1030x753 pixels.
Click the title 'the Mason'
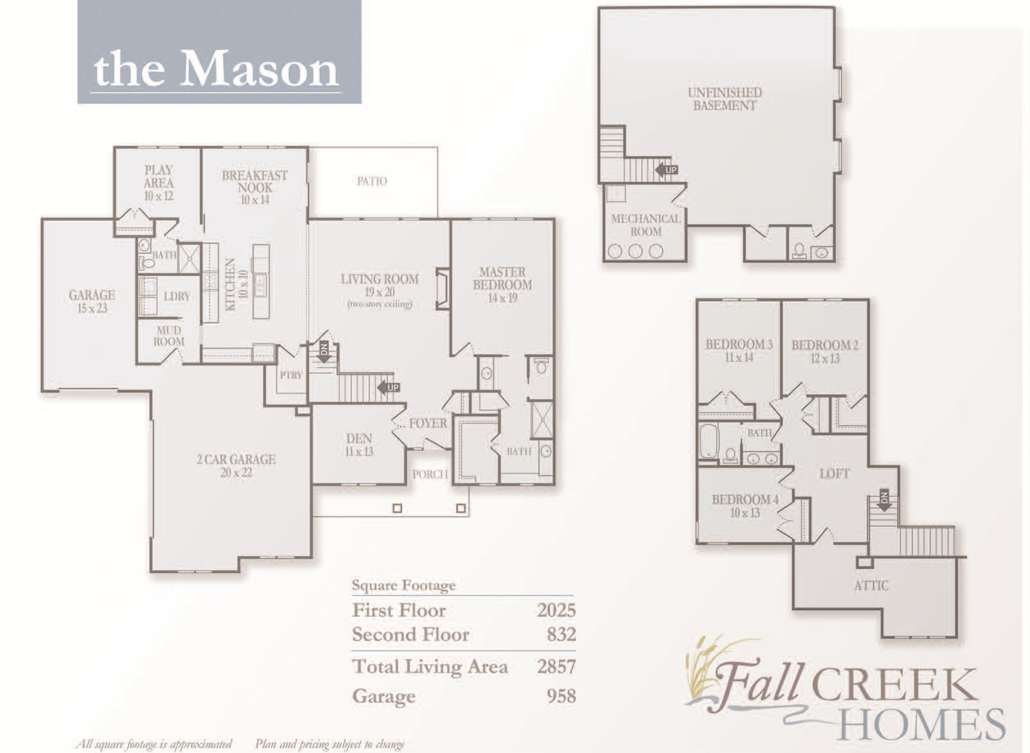(217, 69)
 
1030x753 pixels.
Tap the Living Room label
(379, 279)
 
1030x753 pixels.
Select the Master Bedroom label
(502, 279)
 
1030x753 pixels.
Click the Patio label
(371, 181)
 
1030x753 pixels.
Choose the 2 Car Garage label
(236, 460)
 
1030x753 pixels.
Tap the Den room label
(358, 439)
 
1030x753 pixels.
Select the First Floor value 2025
(556, 610)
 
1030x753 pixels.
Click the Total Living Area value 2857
(556, 666)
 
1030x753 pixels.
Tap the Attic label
(871, 586)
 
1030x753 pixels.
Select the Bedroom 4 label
(745, 500)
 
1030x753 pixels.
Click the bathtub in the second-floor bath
(708, 441)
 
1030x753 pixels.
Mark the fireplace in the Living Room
(442, 288)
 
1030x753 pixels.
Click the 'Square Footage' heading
(403, 586)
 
